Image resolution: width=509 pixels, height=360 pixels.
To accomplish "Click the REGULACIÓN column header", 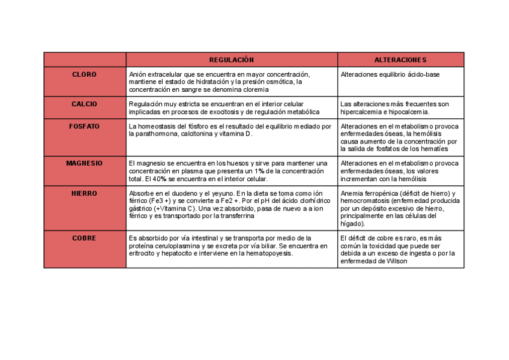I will (x=232, y=60).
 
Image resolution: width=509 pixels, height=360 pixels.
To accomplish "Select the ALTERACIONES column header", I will (x=400, y=60).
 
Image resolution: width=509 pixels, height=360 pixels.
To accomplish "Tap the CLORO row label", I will (x=84, y=74).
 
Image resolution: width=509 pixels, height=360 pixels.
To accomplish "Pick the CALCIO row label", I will (x=84, y=104).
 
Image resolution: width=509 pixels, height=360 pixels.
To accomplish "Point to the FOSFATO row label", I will (x=84, y=127).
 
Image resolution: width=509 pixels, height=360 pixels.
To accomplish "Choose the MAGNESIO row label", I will (x=84, y=163).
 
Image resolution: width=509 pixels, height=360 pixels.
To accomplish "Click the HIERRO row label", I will (x=84, y=193).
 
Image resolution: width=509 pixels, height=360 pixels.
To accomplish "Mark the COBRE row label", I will (x=84, y=238).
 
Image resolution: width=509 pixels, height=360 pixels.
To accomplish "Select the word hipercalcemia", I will (x=361, y=112).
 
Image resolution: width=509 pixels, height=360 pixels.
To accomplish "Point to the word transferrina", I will (x=236, y=216).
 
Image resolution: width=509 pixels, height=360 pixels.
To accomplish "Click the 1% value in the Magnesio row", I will (x=261, y=171).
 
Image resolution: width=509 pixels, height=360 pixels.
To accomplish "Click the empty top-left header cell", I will (x=85, y=60).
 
